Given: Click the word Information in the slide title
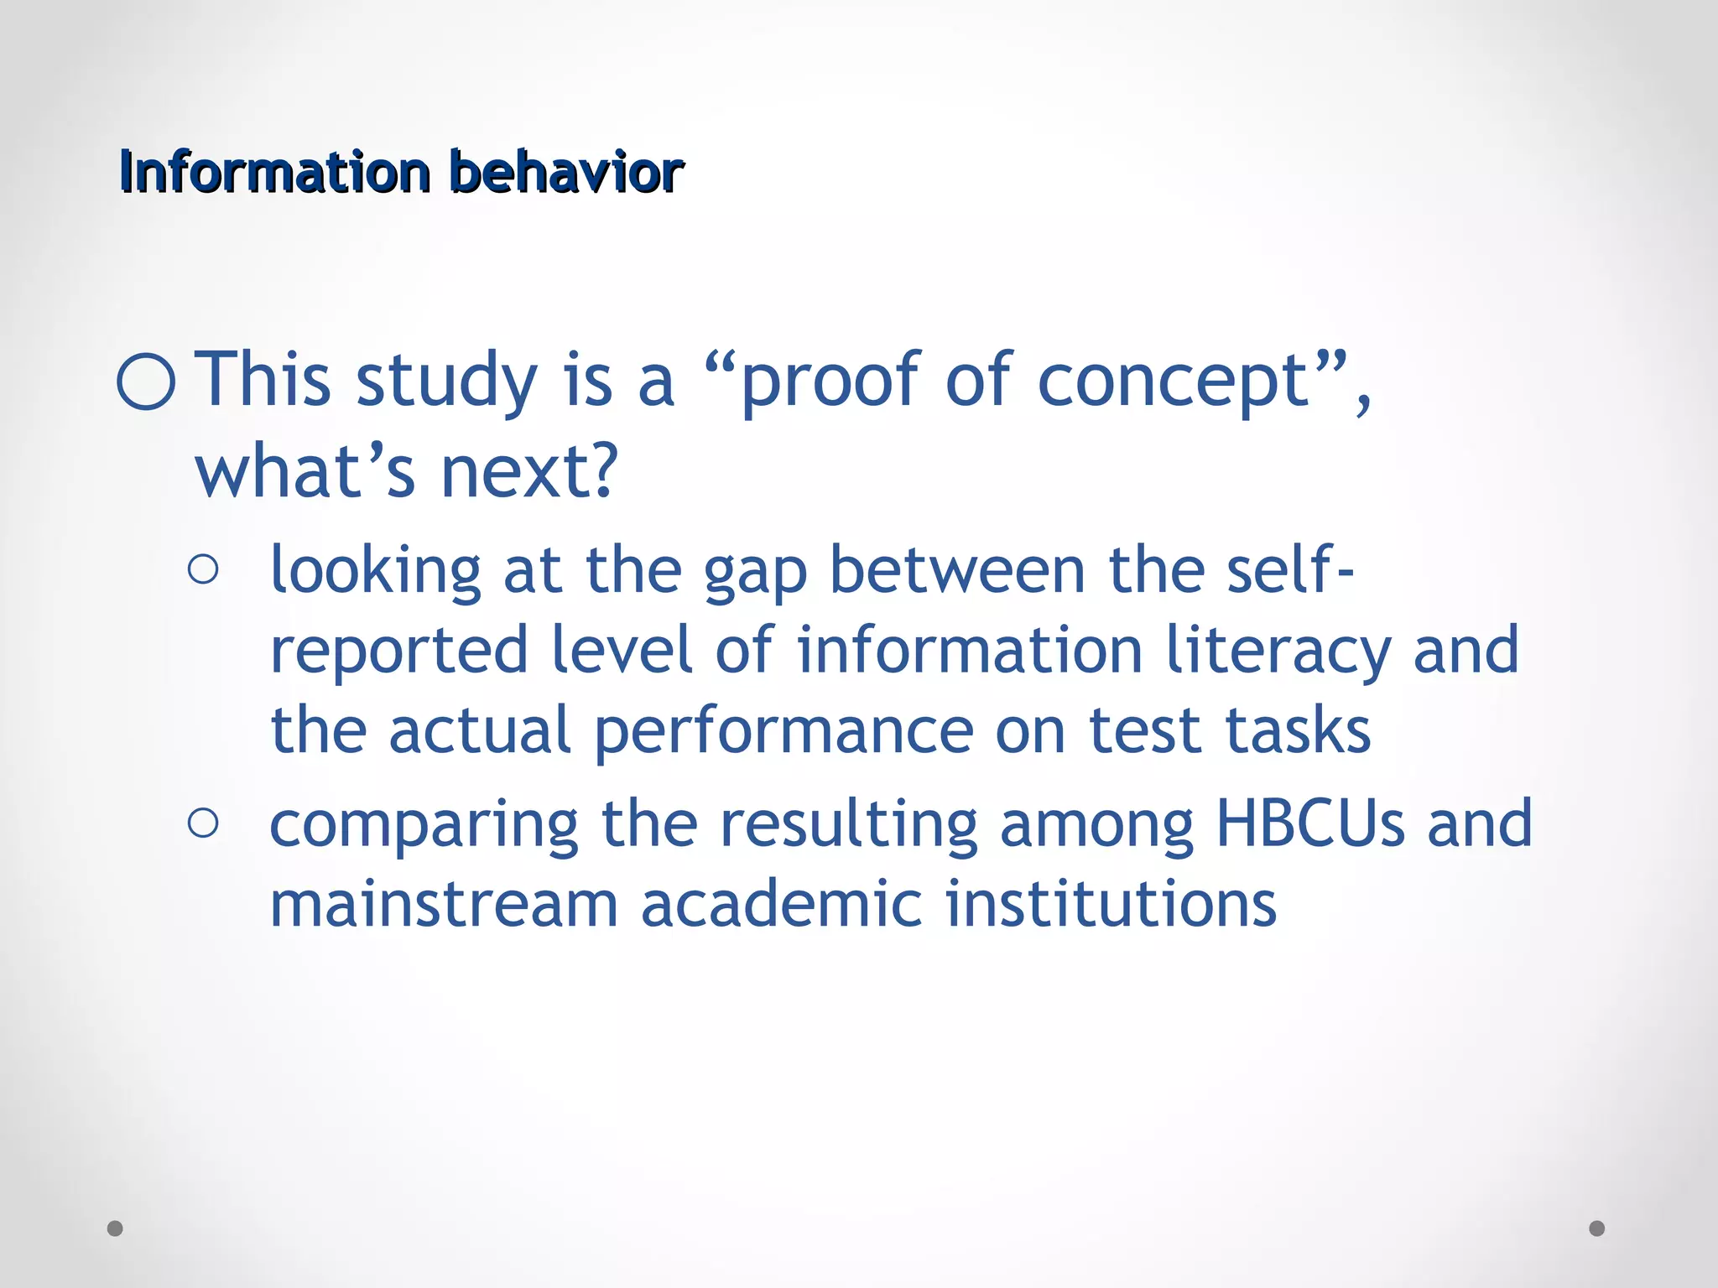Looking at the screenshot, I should coord(274,172).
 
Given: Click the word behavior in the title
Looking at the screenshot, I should coord(567,172).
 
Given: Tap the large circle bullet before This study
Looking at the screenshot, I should coord(147,382).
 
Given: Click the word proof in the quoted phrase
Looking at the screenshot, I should coord(830,382).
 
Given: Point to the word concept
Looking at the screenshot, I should coord(1174,382).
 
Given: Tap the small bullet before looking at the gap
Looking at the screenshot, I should coord(204,570).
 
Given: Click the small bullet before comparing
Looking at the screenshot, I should coord(204,823).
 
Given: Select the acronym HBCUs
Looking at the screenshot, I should coord(1309,823).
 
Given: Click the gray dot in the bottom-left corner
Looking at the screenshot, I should coord(116,1228).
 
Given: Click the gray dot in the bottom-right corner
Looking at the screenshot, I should coord(1597,1228).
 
